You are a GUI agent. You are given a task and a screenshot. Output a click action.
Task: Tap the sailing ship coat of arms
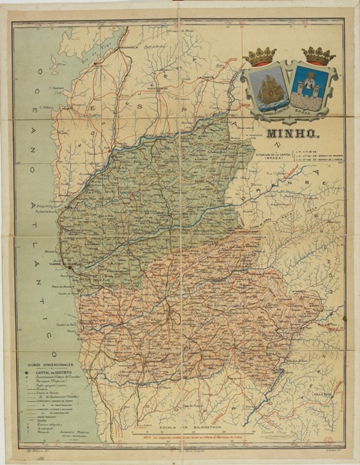click(266, 88)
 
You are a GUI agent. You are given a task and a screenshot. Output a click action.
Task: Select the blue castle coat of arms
click(310, 88)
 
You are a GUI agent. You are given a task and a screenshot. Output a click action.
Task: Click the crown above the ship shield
click(261, 57)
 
